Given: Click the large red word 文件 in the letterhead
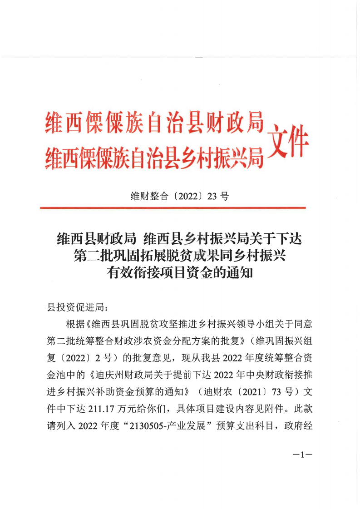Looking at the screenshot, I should pos(288,141).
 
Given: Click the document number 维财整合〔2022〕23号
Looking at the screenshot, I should pos(180,196).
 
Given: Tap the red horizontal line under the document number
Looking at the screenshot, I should pos(173,208).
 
